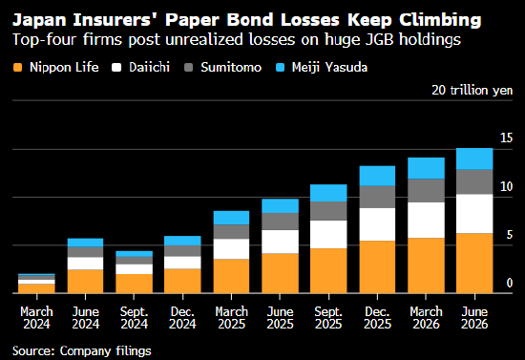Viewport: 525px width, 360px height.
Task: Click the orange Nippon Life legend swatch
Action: click(x=17, y=67)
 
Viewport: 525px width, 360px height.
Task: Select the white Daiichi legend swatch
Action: click(x=116, y=67)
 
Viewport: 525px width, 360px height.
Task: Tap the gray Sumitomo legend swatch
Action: click(x=188, y=67)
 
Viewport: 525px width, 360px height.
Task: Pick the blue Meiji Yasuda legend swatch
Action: click(x=280, y=67)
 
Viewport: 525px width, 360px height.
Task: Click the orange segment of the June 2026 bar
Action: click(x=474, y=264)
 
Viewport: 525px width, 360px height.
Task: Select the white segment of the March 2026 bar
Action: click(x=426, y=220)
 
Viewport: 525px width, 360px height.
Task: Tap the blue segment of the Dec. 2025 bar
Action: click(x=377, y=176)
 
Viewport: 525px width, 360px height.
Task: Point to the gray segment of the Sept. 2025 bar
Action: click(x=328, y=211)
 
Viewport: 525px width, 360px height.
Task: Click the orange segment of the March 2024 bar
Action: click(x=36, y=288)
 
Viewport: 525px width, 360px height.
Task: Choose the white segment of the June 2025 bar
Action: click(x=280, y=242)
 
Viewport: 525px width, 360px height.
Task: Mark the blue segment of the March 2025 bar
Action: click(x=231, y=218)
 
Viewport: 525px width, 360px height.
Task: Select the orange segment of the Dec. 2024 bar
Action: click(x=182, y=281)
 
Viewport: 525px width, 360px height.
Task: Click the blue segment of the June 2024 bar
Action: click(x=85, y=243)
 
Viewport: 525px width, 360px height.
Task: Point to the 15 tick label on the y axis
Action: click(x=506, y=138)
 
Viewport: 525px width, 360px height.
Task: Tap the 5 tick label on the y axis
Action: click(x=510, y=235)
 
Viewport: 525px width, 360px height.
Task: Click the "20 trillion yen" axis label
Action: click(x=472, y=91)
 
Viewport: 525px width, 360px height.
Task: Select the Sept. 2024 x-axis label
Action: click(x=134, y=318)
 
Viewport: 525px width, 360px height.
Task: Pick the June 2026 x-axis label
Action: click(x=474, y=318)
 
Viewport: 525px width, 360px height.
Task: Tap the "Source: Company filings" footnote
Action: click(x=82, y=351)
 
